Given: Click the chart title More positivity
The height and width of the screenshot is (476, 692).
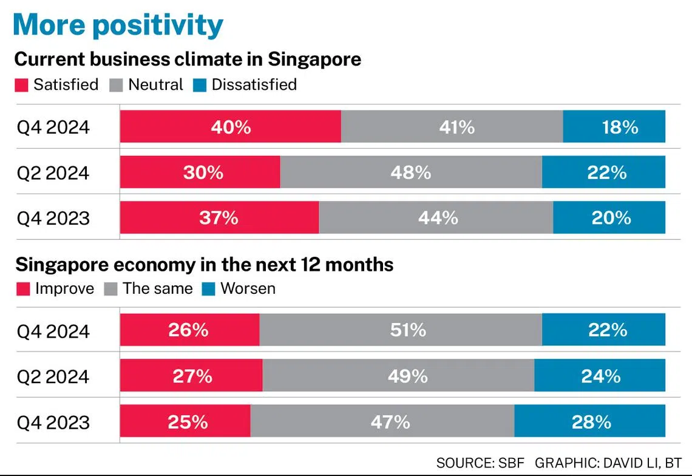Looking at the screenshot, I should click(x=118, y=25).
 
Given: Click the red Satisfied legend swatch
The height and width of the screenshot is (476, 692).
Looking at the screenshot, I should click(x=22, y=85).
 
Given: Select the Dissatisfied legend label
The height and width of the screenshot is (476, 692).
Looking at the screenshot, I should click(x=254, y=84).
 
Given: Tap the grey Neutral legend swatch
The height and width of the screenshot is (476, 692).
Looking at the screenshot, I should click(x=117, y=85).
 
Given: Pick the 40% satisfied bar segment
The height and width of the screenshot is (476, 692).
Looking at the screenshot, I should click(x=231, y=127).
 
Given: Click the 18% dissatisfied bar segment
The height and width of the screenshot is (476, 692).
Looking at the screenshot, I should click(x=614, y=127).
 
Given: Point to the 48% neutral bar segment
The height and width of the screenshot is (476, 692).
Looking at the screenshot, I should click(x=411, y=172).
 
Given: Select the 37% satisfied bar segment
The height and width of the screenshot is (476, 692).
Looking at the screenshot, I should click(x=219, y=218).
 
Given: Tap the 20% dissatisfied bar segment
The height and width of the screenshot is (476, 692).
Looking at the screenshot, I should click(x=609, y=218).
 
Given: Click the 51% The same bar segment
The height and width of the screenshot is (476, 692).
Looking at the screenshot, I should click(x=401, y=330).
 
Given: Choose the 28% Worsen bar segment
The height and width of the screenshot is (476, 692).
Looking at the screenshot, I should click(x=589, y=422).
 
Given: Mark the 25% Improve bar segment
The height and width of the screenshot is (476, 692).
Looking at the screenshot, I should click(x=185, y=422).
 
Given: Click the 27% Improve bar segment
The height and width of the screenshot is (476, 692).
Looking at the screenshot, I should click(x=191, y=376).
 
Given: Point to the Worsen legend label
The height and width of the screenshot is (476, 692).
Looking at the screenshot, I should click(x=248, y=288).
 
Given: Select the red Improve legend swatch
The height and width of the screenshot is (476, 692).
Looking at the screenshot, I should click(x=22, y=289).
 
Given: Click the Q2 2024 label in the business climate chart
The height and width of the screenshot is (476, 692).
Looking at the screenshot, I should click(x=53, y=173).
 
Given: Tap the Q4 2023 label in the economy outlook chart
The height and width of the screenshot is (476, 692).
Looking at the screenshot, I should click(x=53, y=423).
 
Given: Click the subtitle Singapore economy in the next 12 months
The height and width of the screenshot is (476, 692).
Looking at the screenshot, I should click(x=204, y=265).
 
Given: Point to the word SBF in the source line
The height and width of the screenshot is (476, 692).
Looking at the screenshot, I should click(x=512, y=463).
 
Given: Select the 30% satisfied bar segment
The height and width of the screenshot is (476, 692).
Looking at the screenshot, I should click(x=200, y=172).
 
